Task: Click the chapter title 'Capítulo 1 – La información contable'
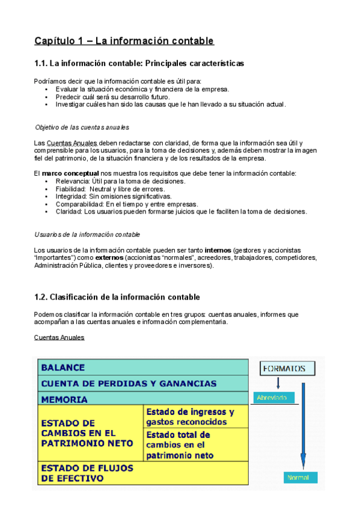(124, 41)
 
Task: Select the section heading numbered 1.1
(139, 63)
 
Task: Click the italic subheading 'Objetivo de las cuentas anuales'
(82, 127)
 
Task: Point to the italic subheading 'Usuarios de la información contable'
(88, 234)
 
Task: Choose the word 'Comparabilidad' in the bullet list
(79, 204)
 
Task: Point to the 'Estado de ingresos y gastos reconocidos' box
(195, 417)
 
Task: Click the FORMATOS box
(284, 369)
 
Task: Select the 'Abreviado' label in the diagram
(272, 398)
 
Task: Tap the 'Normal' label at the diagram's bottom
(299, 478)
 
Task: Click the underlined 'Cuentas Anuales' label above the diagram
(59, 337)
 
